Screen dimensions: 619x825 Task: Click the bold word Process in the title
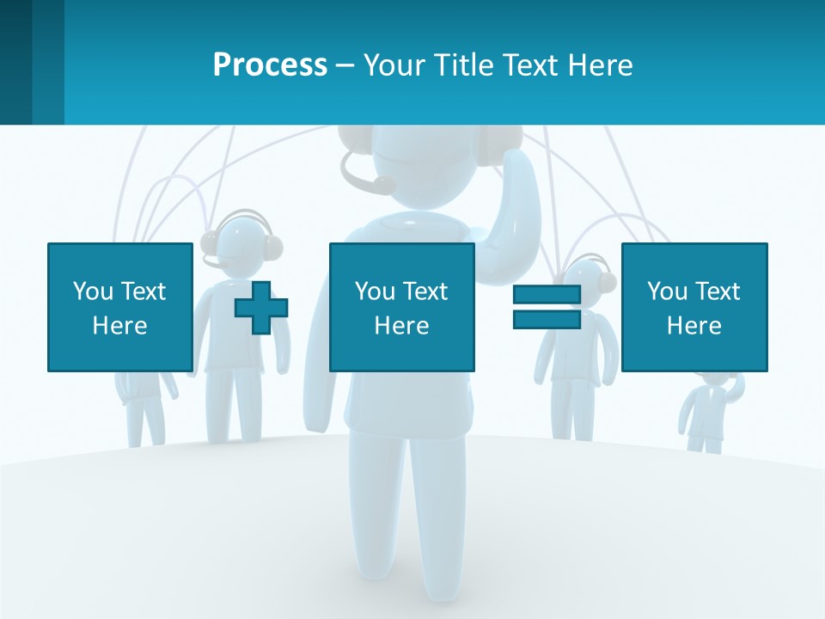[270, 65]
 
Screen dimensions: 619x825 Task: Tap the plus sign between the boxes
[261, 308]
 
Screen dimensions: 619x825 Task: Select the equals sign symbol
[547, 307]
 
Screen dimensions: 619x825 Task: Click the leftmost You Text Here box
[119, 307]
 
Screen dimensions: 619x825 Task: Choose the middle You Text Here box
[401, 307]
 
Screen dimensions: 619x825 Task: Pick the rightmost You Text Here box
[694, 307]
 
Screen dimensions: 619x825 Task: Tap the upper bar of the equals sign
[547, 295]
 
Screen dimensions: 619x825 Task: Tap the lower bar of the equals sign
[547, 319]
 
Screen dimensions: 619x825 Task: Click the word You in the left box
[92, 291]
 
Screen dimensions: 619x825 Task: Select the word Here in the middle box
[401, 326]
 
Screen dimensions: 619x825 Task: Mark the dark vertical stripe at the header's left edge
[15, 62]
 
